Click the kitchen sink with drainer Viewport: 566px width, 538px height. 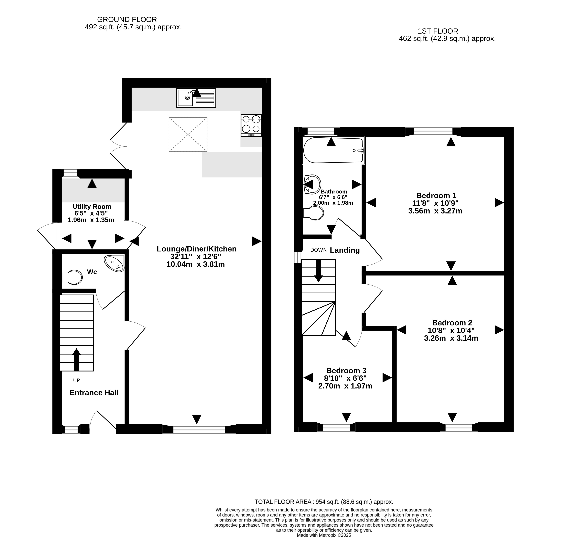[x=196, y=98]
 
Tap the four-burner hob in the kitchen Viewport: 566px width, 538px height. [x=251, y=125]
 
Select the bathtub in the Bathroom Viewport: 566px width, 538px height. [x=333, y=150]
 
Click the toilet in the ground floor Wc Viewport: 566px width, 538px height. [x=72, y=277]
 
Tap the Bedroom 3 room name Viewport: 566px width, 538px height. [x=346, y=371]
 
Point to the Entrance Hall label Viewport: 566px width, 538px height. [x=94, y=393]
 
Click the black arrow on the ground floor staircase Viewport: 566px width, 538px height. [x=76, y=360]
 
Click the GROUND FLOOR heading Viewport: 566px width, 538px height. [x=127, y=19]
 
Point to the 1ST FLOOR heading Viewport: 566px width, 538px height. [x=438, y=31]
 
